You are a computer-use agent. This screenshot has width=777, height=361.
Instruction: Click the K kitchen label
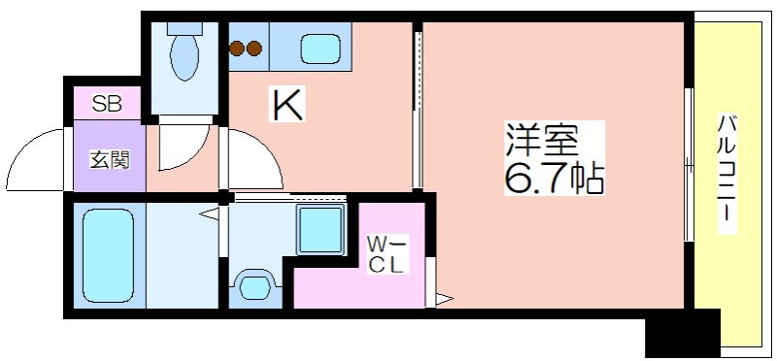(287, 104)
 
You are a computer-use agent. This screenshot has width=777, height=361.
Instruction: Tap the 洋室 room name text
(542, 139)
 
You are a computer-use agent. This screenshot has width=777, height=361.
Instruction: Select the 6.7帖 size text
(554, 178)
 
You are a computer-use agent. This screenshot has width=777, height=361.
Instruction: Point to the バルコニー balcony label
(726, 174)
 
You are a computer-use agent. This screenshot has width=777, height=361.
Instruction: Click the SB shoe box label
(108, 105)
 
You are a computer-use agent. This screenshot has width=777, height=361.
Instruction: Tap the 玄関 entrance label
(110, 159)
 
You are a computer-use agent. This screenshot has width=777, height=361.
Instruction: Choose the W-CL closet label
(387, 254)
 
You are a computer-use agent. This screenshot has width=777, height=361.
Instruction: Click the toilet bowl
(185, 57)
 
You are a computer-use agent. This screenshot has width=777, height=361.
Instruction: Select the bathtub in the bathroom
(108, 255)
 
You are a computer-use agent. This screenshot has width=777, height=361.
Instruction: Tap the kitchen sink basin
(320, 49)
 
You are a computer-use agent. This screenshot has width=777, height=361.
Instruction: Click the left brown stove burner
(237, 48)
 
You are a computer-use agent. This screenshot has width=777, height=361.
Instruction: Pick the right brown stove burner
(254, 48)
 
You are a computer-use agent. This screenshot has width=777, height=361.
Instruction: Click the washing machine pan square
(321, 230)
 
